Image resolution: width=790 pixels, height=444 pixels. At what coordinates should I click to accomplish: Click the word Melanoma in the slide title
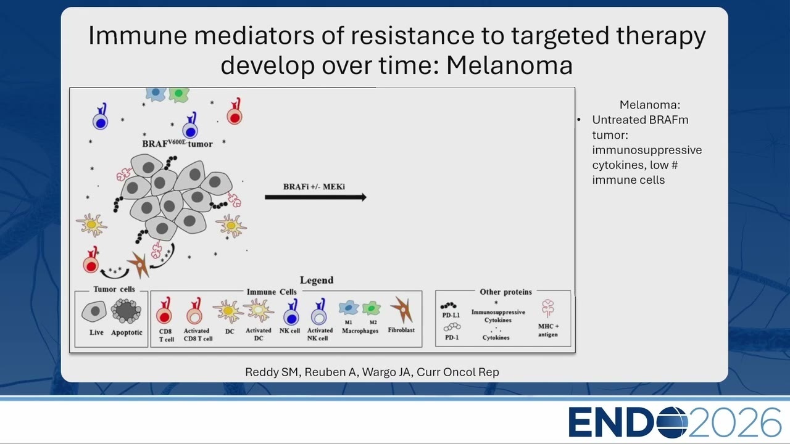[509, 65]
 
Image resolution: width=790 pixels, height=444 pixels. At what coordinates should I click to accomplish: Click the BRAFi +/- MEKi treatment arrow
[315, 197]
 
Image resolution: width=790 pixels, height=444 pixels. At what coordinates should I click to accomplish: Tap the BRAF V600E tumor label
[177, 144]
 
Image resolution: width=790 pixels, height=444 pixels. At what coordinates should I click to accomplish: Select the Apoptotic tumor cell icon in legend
[126, 311]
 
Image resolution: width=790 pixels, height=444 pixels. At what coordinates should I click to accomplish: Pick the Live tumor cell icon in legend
[94, 311]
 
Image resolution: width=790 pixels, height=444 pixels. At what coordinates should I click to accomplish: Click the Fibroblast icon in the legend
[402, 310]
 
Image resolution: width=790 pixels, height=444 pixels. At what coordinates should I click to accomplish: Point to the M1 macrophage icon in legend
[349, 308]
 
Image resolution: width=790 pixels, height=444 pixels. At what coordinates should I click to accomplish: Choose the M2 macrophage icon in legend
[372, 308]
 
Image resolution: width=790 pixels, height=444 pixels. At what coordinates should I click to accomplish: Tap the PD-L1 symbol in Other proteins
[448, 305]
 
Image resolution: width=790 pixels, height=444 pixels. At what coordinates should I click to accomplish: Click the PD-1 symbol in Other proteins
[452, 327]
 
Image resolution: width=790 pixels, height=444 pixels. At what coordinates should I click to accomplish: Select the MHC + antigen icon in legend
[547, 308]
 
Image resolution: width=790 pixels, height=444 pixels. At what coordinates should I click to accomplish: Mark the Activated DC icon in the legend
[259, 310]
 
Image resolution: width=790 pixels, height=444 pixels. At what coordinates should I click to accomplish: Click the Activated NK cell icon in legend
[319, 312]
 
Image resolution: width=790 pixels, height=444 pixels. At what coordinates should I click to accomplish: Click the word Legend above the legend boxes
[317, 280]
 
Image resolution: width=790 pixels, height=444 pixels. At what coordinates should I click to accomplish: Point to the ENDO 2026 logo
[675, 422]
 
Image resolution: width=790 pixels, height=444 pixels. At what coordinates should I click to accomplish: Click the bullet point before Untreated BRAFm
[579, 120]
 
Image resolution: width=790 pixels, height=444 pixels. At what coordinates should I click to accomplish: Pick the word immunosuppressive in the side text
[647, 150]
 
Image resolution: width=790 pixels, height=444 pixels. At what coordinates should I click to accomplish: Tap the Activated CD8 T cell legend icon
[194, 311]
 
